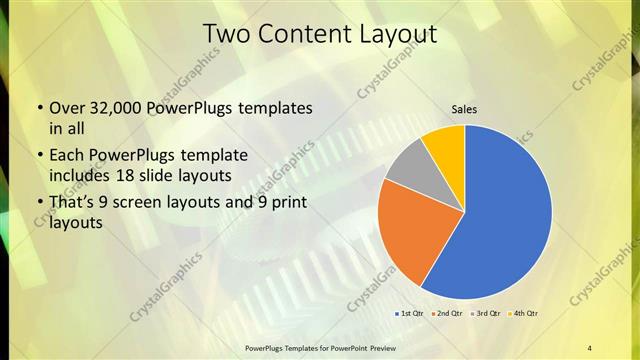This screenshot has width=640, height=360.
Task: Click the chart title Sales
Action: coord(463,109)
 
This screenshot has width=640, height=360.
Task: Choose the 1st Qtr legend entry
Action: coord(411,314)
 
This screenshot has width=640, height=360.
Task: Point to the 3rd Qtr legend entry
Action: coord(489,314)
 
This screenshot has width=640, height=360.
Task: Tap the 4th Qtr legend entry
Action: coord(526,314)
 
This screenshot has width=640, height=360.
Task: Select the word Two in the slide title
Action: coord(226,33)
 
